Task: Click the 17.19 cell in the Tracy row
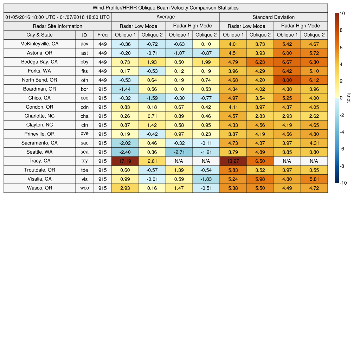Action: tap(125, 161)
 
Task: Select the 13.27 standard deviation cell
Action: tap(233, 161)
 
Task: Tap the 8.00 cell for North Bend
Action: tap(287, 80)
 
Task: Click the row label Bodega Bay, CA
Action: tap(39, 62)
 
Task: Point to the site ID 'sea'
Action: tap(84, 152)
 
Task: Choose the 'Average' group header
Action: tap(165, 17)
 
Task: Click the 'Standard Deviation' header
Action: tap(274, 17)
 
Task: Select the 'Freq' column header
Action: tap(102, 35)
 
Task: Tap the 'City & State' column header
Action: tap(39, 35)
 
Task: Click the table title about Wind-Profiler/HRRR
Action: tap(165, 8)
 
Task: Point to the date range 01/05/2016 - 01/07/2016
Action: tap(57, 17)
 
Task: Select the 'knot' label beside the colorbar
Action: tap(349, 98)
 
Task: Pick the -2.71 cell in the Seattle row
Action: tap(179, 152)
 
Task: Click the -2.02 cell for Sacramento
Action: tap(125, 143)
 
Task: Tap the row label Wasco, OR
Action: tap(39, 188)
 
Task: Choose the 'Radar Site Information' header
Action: tap(57, 26)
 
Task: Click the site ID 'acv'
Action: tap(84, 44)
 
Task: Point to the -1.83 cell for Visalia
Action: tap(206, 179)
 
